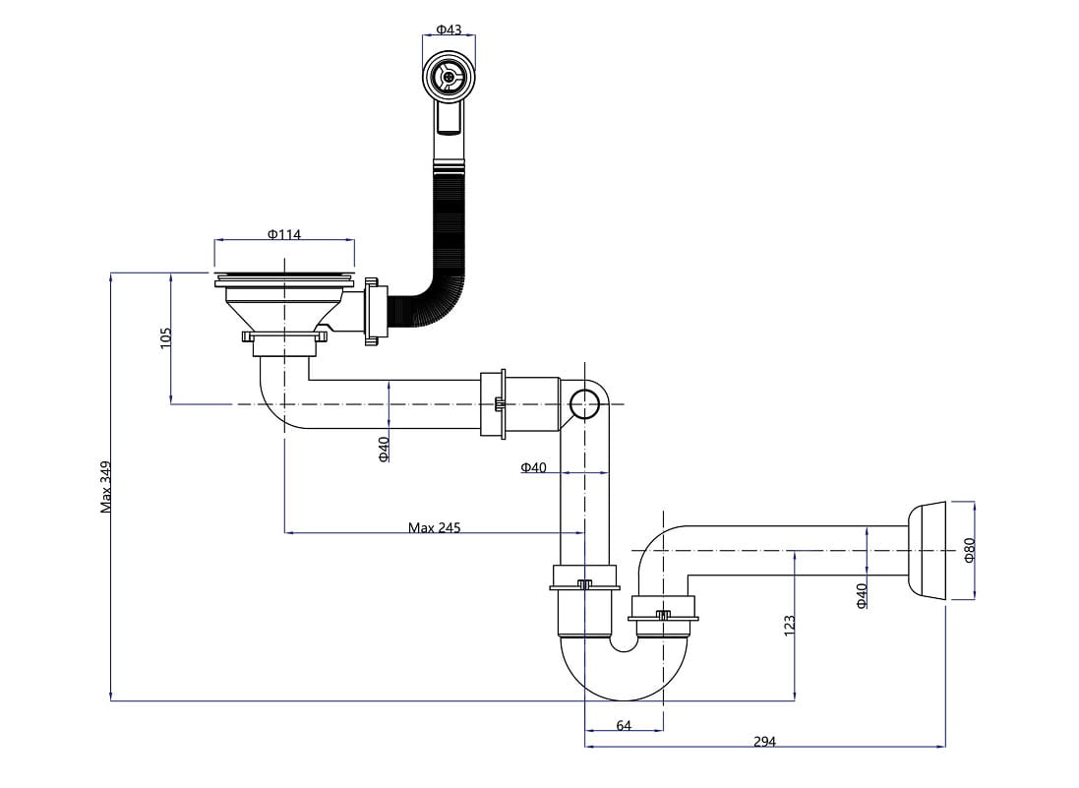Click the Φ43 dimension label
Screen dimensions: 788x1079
point(449,30)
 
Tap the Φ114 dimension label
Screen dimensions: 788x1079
point(283,234)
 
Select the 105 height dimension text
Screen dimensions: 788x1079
point(166,337)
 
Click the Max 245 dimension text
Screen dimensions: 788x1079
point(434,527)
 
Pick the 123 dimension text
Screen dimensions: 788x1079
point(789,625)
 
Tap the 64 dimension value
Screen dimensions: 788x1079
point(624,725)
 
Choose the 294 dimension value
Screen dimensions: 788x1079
point(764,742)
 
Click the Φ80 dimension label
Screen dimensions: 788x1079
point(969,550)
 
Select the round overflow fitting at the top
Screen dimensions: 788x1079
point(449,76)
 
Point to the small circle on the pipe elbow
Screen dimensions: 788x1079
point(584,403)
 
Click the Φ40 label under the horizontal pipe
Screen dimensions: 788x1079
point(385,449)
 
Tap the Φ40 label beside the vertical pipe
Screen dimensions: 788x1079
point(533,467)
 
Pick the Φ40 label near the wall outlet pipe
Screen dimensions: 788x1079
point(862,595)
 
